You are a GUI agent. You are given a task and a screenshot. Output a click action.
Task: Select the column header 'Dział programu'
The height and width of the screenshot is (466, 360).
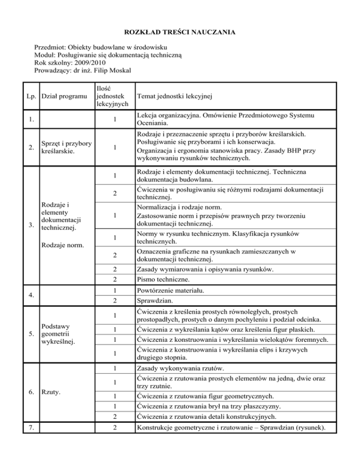[61, 97]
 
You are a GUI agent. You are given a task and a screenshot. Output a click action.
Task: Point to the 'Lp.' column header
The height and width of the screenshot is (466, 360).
[33, 97]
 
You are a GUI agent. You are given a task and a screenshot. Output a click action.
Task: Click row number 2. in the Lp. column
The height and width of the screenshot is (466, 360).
[31, 148]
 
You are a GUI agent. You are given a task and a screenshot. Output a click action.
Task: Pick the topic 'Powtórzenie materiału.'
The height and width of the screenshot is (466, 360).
[171, 291]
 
